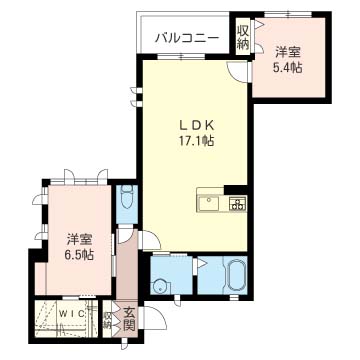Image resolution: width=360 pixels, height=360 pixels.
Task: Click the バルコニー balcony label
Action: click(x=188, y=38)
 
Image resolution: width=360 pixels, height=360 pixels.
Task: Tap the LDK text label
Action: click(x=196, y=125)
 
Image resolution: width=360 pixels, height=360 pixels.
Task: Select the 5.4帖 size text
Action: click(x=288, y=68)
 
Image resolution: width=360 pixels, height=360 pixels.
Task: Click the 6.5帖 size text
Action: click(x=79, y=255)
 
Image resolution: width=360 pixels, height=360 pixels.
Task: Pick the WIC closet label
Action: click(x=71, y=313)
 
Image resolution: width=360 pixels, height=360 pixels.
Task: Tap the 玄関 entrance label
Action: click(x=129, y=319)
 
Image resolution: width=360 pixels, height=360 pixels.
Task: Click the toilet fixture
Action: click(x=127, y=197)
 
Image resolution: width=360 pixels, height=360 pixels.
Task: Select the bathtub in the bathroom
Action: click(x=236, y=276)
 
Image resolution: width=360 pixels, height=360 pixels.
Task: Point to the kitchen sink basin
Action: click(x=209, y=203)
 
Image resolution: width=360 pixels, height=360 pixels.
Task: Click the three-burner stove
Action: click(x=237, y=203)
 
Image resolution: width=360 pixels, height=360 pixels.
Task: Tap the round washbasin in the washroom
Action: click(x=159, y=286)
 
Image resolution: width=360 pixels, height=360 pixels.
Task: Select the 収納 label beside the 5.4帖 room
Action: click(x=243, y=37)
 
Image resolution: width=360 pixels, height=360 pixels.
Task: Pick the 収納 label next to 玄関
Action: click(x=107, y=320)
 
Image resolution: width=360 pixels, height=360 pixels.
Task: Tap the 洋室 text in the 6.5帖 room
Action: click(x=79, y=239)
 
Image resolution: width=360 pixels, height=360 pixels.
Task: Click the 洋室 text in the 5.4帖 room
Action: click(x=288, y=52)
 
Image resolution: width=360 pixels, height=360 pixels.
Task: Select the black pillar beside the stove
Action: click(x=236, y=190)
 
